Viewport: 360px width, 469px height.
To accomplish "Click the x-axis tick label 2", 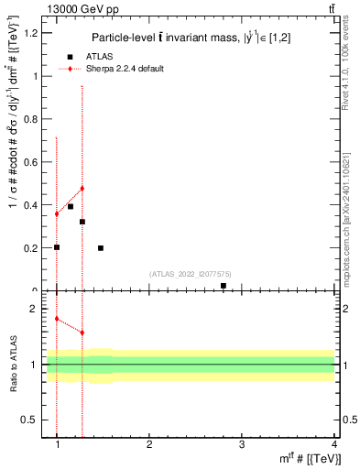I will coord(150,444).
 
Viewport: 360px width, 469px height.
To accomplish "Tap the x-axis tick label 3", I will coord(242,444).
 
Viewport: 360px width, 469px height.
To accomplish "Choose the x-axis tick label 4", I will coord(334,444).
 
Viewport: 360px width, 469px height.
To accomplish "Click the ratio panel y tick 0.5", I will coord(30,420).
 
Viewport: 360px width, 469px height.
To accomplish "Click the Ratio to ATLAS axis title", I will coord(15,365).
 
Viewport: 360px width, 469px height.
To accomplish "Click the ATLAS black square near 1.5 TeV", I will coord(101,248).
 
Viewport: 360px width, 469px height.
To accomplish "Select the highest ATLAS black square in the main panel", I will coord(71,207).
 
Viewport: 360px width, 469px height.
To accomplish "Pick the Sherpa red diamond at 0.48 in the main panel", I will coord(82,189).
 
